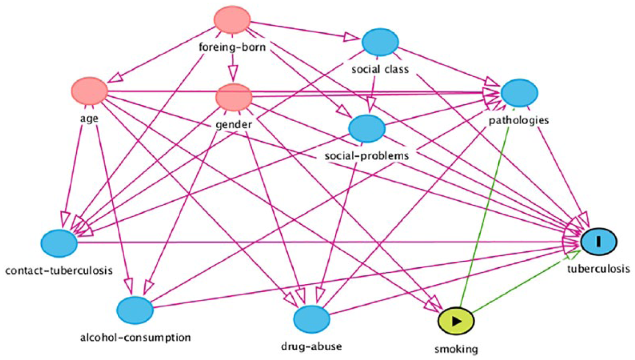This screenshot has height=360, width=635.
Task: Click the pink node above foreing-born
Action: pyautogui.click(x=232, y=20)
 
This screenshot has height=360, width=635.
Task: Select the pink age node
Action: pyautogui.click(x=89, y=91)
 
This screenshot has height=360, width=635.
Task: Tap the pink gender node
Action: pyautogui.click(x=234, y=97)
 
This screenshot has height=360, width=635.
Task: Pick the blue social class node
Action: pyautogui.click(x=380, y=42)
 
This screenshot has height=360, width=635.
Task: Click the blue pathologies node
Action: pyautogui.click(x=519, y=93)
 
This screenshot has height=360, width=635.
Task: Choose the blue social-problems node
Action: pyautogui.click(x=367, y=129)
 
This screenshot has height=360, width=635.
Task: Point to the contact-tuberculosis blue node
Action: pyautogui.click(x=59, y=243)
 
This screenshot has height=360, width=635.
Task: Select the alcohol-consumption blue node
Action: pyautogui.click(x=135, y=310)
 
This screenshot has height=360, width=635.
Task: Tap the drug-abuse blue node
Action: pyautogui.click(x=312, y=319)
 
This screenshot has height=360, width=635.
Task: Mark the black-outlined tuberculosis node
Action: pyautogui.click(x=599, y=241)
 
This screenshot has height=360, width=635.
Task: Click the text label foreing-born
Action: pyautogui.click(x=232, y=47)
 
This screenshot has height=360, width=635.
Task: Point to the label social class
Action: pyautogui.click(x=380, y=69)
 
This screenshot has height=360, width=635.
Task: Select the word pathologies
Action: pyautogui.click(x=519, y=120)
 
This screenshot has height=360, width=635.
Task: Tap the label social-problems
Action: pyautogui.click(x=367, y=156)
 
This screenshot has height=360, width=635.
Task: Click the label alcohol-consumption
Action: pyautogui.click(x=135, y=338)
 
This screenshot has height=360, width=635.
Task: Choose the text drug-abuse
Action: pyautogui.click(x=311, y=347)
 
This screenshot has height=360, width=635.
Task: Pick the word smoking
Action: pyautogui.click(x=456, y=349)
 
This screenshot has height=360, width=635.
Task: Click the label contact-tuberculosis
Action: pyautogui.click(x=59, y=270)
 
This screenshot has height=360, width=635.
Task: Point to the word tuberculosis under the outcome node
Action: pyautogui.click(x=599, y=269)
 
